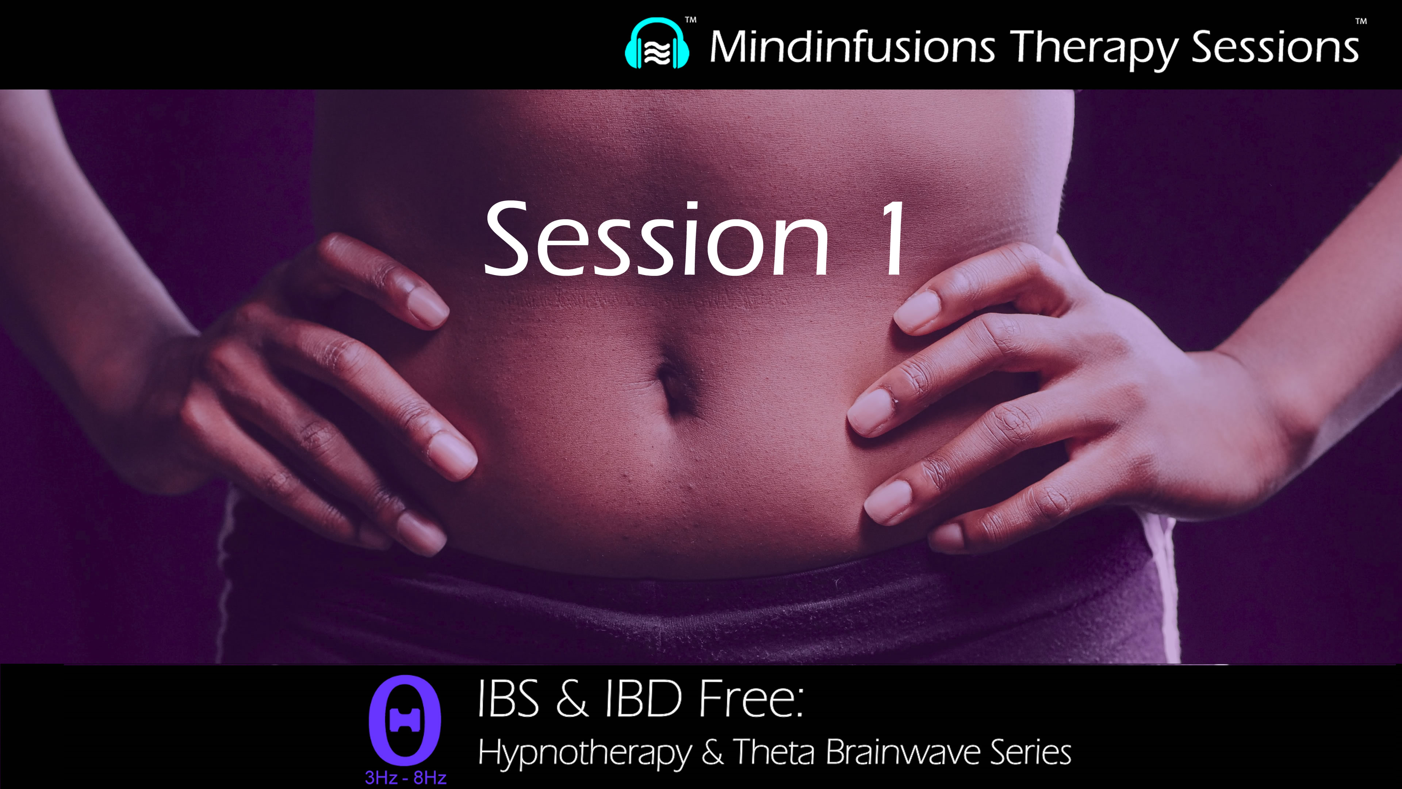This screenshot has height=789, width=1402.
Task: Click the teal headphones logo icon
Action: point(657,45)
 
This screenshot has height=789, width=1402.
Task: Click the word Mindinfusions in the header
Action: point(852,47)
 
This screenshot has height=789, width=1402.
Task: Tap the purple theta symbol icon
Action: point(405,720)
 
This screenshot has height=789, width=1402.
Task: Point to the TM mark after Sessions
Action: point(1361,22)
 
